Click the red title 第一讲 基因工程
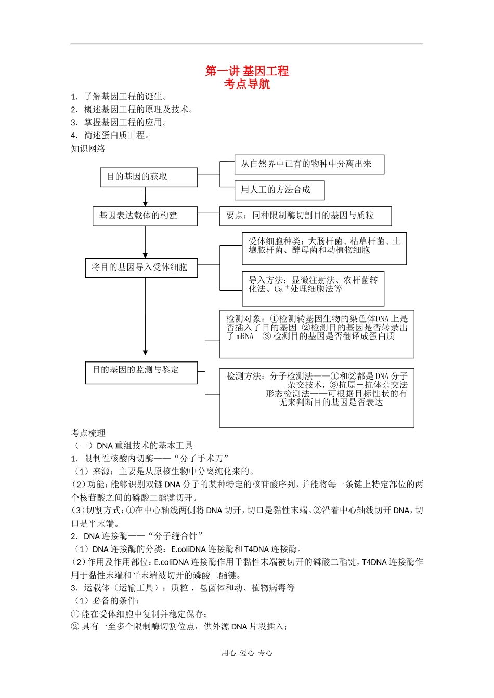(247, 71)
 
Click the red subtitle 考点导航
(247, 84)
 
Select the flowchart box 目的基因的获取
(149, 177)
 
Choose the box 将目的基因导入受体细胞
(141, 268)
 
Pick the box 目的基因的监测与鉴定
(141, 372)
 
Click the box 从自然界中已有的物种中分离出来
(309, 164)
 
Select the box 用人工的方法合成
(279, 190)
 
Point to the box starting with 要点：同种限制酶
(305, 216)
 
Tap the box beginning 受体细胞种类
(324, 248)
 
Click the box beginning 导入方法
(313, 288)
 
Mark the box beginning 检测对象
(317, 334)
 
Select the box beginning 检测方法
(317, 398)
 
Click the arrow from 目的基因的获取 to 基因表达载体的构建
(145, 197)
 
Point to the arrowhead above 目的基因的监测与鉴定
(145, 352)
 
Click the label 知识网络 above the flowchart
(88, 149)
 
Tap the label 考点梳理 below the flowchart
(88, 433)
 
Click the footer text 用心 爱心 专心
(247, 653)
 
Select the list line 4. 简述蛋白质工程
(111, 136)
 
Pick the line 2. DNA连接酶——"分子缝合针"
(137, 536)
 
